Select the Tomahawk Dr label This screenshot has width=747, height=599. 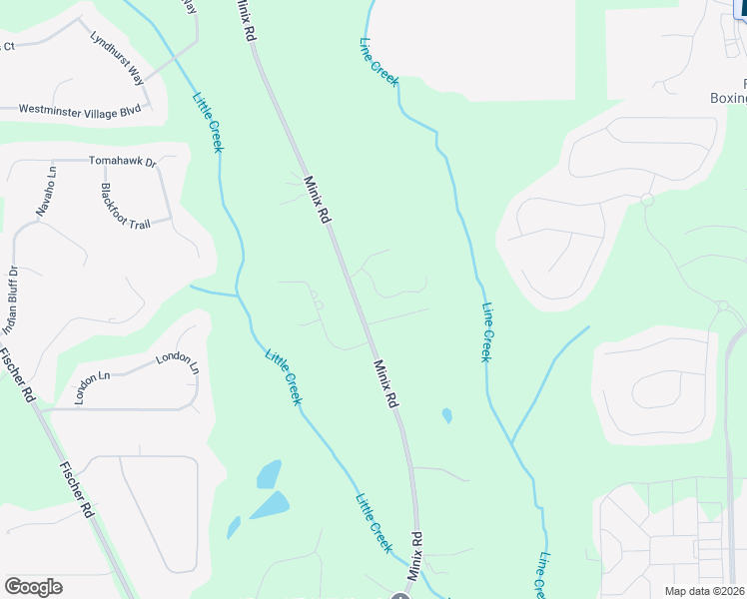[x=123, y=161]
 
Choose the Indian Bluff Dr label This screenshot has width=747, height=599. [x=11, y=299]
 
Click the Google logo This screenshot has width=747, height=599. [x=33, y=587]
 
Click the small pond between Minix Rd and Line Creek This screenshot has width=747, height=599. [x=445, y=414]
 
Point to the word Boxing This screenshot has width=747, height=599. [x=728, y=98]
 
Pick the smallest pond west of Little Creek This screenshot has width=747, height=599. [x=233, y=527]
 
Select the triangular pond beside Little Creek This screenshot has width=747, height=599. [x=270, y=505]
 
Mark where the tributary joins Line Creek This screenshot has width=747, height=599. [x=512, y=441]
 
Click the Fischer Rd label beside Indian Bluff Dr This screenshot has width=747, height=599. [x=20, y=373]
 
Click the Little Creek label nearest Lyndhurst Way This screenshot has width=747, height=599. [x=207, y=122]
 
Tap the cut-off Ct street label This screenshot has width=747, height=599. [x=7, y=46]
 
